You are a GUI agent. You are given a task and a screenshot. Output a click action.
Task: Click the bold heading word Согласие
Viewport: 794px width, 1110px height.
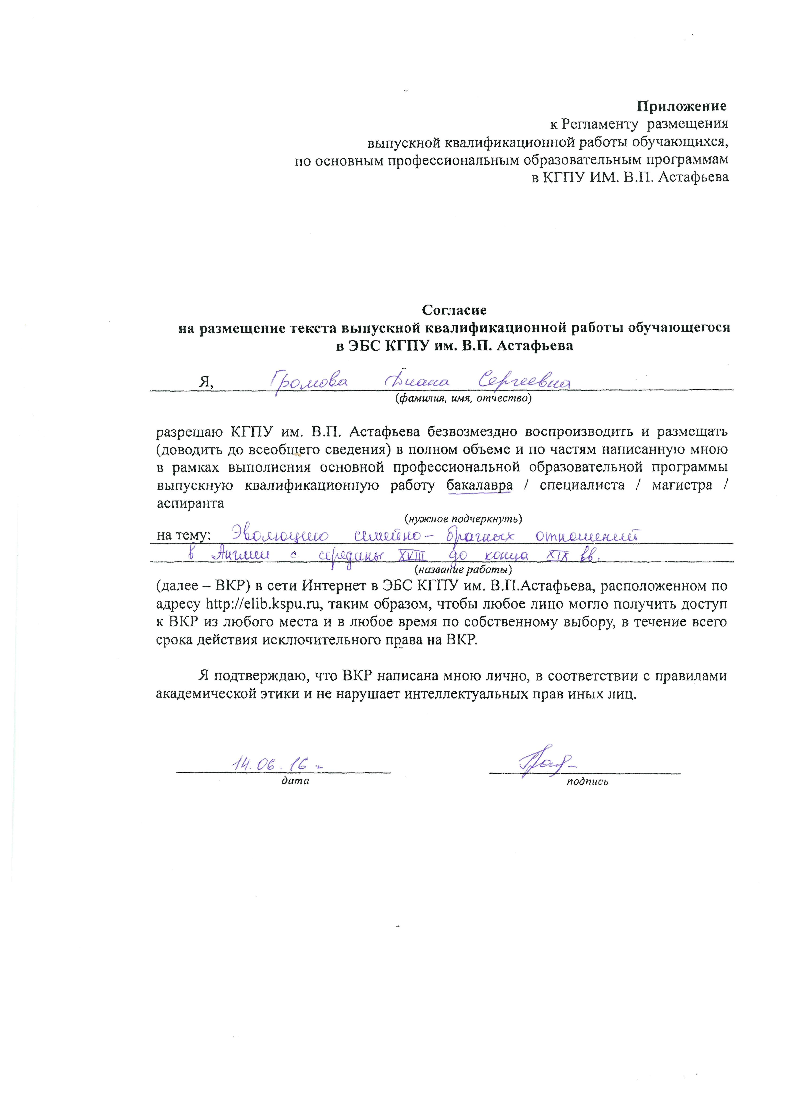(x=454, y=310)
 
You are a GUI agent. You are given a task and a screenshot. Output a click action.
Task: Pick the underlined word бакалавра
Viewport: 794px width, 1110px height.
(x=480, y=485)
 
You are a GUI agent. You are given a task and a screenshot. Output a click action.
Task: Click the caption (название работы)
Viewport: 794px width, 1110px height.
(x=463, y=569)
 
